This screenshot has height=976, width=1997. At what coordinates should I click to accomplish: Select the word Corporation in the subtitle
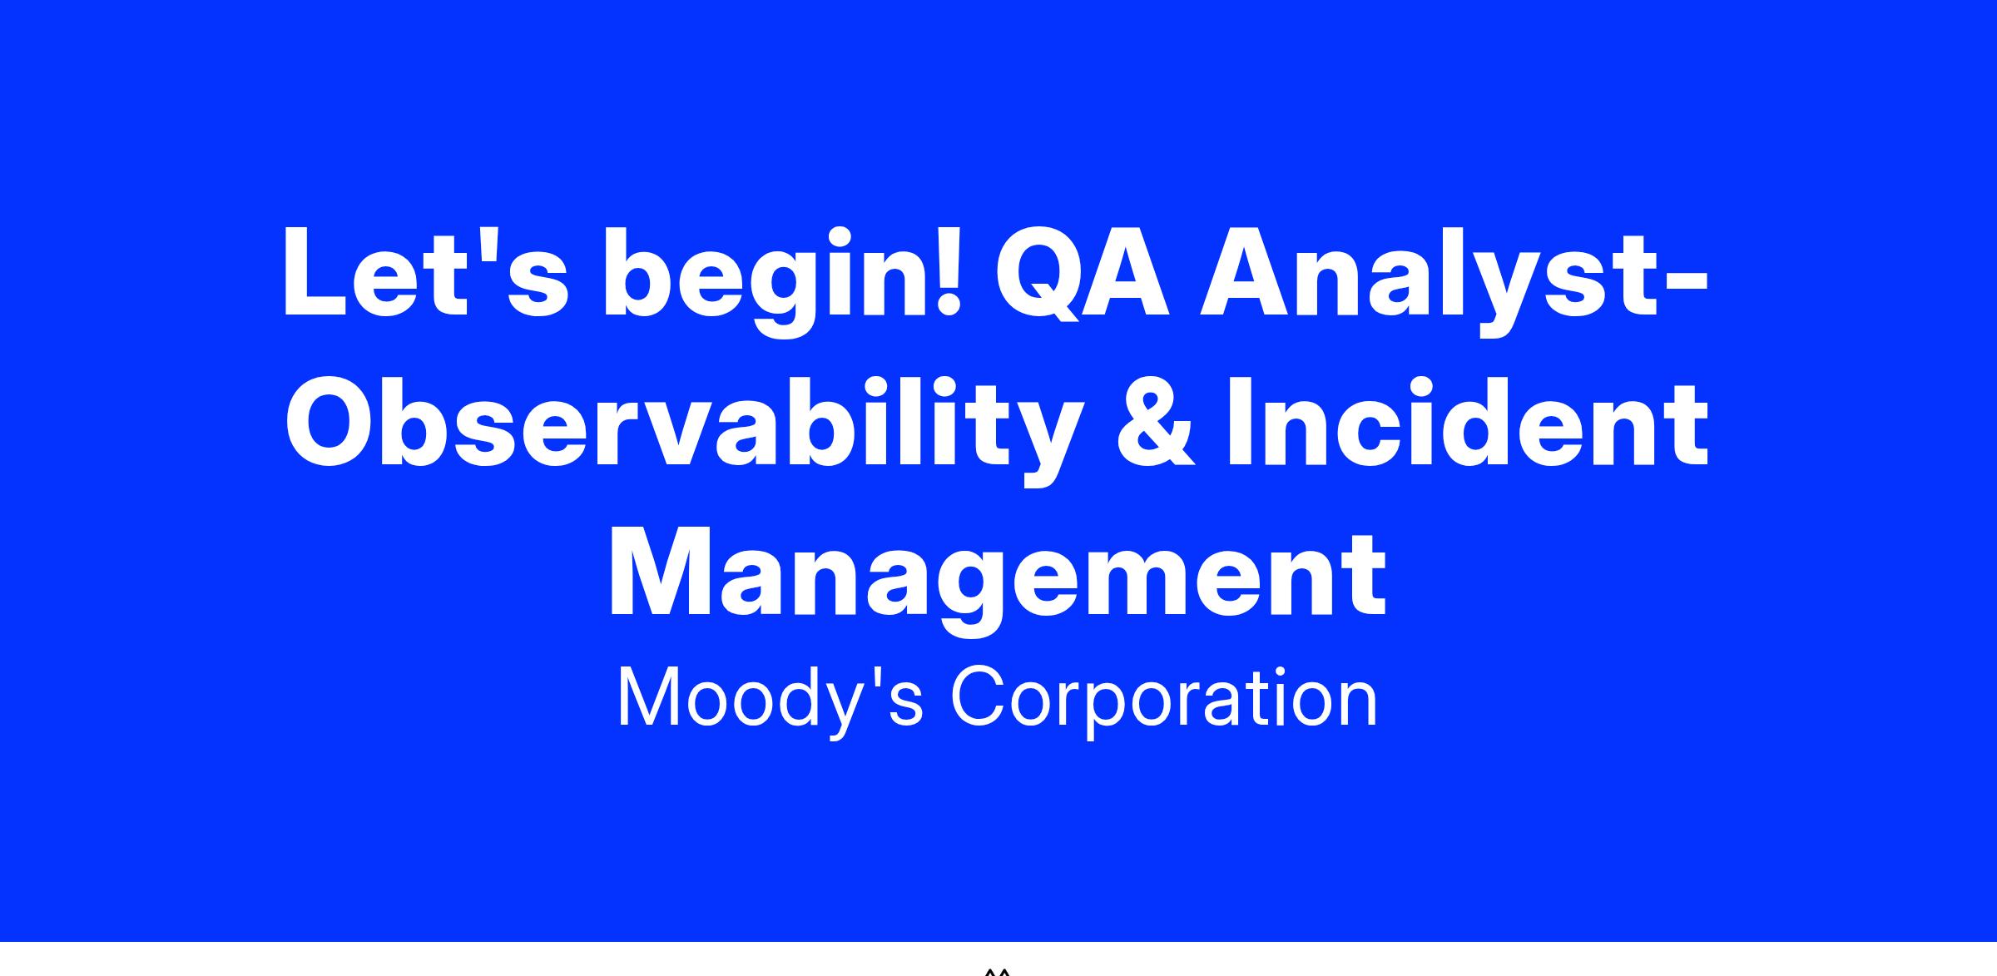[1163, 699]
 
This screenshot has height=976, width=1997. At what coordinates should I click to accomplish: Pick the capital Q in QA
[1044, 274]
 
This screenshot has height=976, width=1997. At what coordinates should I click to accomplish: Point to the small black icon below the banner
[998, 971]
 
